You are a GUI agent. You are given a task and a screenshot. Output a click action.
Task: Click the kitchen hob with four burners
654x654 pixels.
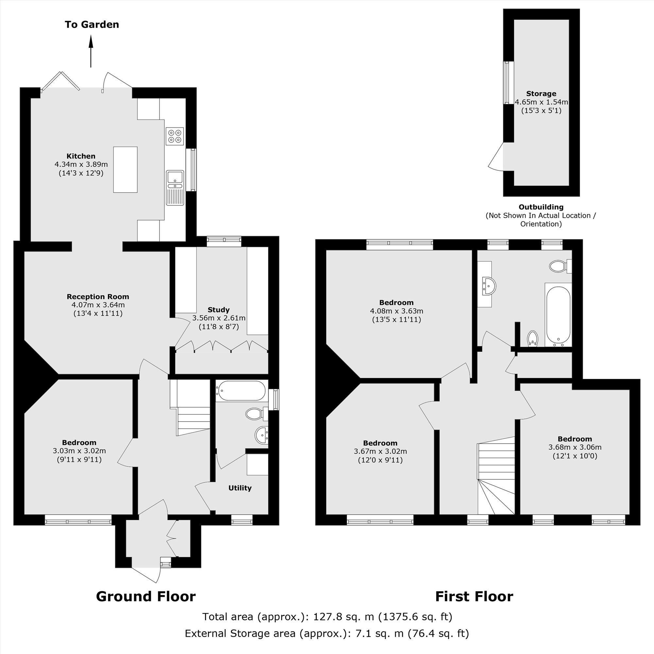coord(175,136)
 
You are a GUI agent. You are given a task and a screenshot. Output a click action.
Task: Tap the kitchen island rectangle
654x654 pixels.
coord(125,170)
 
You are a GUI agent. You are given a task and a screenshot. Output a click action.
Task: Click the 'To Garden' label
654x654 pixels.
coord(92,25)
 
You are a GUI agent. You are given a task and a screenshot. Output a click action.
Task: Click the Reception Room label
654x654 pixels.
coord(98,297)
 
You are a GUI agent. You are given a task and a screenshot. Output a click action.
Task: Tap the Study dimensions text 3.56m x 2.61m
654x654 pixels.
coord(219,318)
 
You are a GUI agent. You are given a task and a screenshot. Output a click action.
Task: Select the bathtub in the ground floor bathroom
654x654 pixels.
coord(241,391)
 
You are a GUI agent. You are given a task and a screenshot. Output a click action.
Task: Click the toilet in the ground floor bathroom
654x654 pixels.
coord(255,414)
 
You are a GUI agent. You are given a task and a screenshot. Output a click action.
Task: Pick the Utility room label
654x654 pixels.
coord(240,488)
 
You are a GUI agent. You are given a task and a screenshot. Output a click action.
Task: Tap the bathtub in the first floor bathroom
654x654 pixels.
coord(558,315)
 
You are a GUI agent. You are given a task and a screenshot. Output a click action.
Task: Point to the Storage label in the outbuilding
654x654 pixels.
coord(541,94)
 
